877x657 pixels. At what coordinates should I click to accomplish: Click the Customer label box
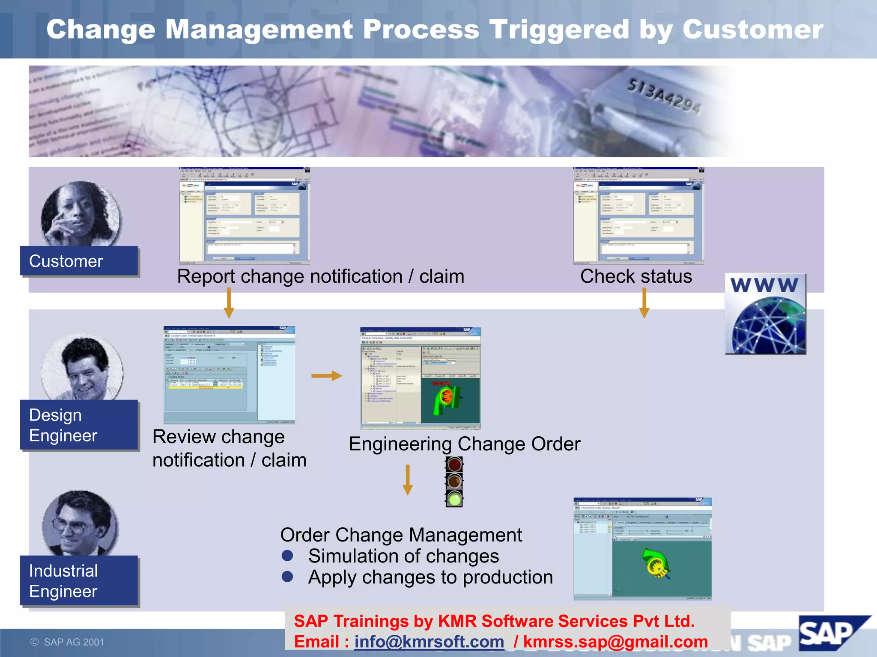coord(79,261)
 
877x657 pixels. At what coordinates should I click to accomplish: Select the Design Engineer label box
coord(79,425)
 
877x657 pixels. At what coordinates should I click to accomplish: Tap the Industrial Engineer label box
coord(79,580)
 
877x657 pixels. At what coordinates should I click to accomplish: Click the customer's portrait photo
coord(81,214)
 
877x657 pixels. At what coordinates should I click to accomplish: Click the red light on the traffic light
coord(454,465)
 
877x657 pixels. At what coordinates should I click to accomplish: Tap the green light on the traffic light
coord(454,499)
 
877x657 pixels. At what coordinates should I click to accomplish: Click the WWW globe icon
coord(766,314)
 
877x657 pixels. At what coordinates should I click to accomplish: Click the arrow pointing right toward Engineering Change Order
coord(327,376)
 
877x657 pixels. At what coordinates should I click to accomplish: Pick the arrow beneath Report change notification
coord(229,302)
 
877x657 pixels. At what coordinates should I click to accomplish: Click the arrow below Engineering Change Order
coord(408,479)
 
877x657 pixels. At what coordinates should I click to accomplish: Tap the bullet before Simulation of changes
coord(287,556)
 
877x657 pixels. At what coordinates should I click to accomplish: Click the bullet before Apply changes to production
coord(287,577)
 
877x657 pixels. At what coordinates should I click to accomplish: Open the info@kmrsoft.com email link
coord(429,642)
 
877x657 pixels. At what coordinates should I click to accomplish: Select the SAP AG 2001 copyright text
coord(68,642)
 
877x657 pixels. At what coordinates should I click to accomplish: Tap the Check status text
coord(636,276)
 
